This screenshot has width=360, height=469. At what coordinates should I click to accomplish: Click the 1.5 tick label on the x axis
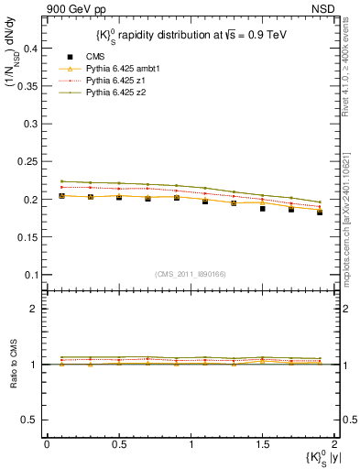(262, 444)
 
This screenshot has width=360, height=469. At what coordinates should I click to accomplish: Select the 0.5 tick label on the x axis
(118, 444)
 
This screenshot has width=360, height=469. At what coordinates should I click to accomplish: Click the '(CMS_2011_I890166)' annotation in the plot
(191, 273)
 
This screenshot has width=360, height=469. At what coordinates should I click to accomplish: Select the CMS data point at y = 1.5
(262, 209)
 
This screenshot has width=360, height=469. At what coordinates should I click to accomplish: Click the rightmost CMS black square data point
(320, 212)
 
